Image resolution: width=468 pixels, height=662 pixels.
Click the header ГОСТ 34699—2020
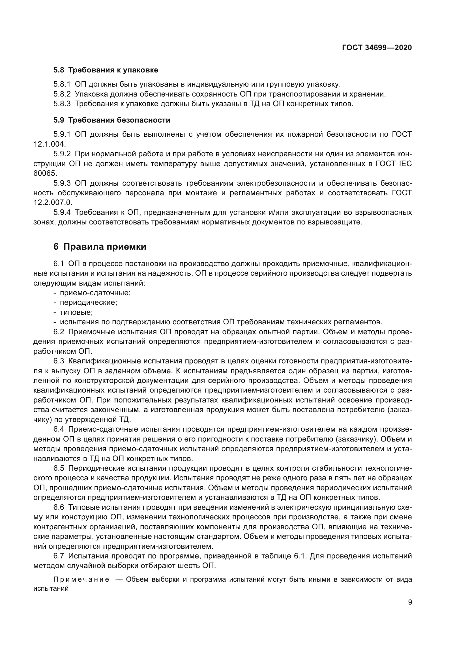pos(377,48)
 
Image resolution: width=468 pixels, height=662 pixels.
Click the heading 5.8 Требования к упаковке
pos(106,70)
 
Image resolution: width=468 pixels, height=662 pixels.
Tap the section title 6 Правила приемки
pos(100,247)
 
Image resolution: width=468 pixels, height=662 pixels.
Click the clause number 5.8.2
pos(62,94)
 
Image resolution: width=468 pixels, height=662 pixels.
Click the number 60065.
pos(45,173)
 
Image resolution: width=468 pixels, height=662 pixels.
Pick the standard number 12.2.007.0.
pos(53,202)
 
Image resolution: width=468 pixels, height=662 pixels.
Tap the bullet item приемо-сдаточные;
pos(95,293)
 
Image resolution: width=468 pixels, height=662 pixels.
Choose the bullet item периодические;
pos(89,303)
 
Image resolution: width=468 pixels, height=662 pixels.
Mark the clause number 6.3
pos(59,361)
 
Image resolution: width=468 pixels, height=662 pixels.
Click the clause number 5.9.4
pos(62,213)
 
